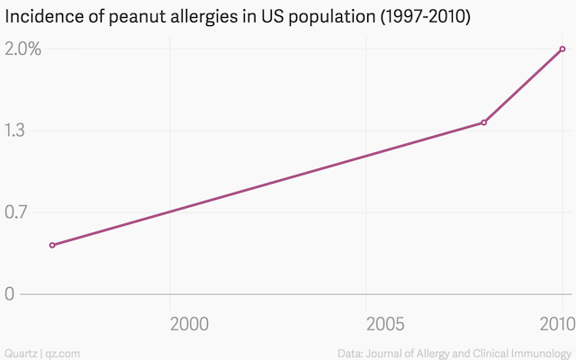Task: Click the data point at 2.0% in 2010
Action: pyautogui.click(x=562, y=49)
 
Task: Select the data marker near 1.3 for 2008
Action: pyautogui.click(x=484, y=122)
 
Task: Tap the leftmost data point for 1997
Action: pyautogui.click(x=52, y=245)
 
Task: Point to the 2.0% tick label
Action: pyautogui.click(x=22, y=49)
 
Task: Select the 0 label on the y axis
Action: pyautogui.click(x=9, y=293)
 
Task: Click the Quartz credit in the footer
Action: pyautogui.click(x=21, y=352)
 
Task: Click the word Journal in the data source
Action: pyautogui.click(x=392, y=352)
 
